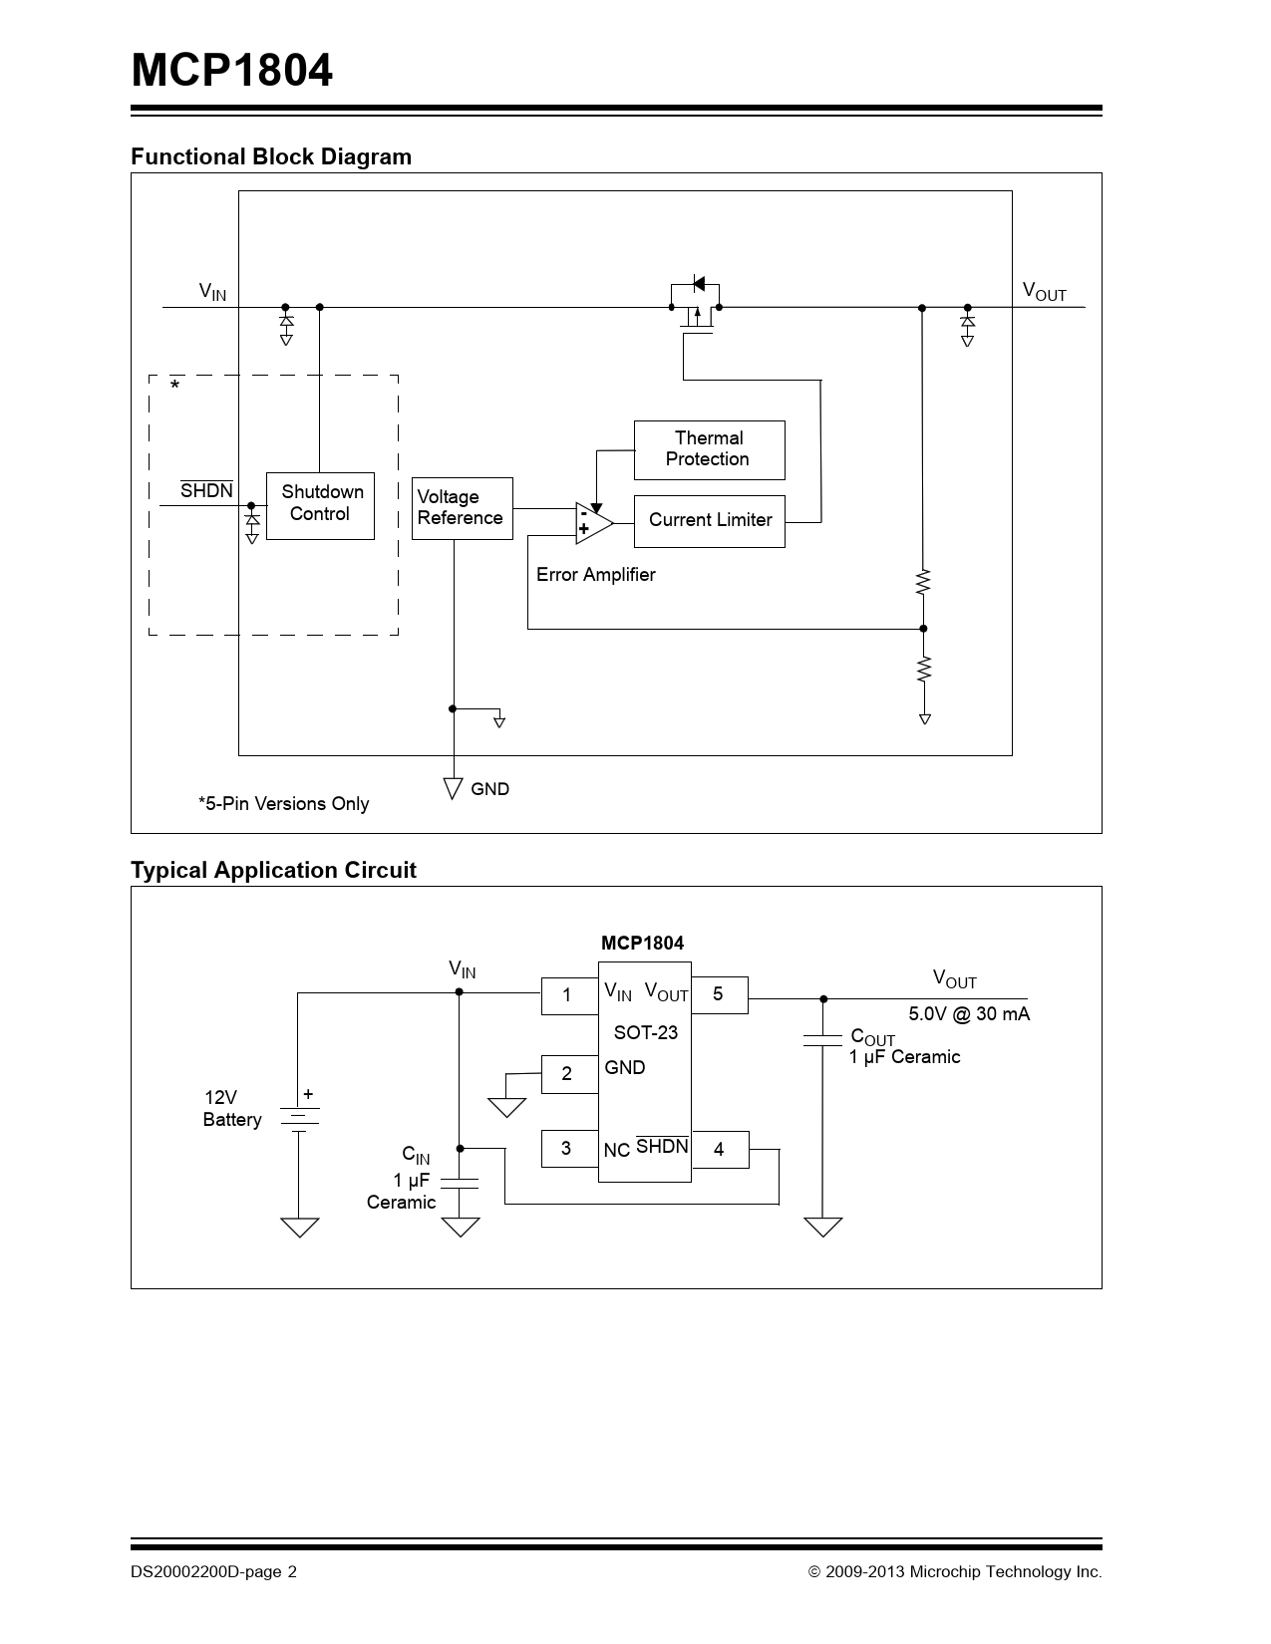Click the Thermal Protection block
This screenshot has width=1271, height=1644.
(709, 449)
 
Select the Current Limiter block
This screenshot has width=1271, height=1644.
(709, 520)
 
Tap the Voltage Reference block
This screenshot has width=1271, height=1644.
(462, 508)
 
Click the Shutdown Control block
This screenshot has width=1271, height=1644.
(320, 505)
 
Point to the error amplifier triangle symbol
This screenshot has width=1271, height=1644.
(593, 522)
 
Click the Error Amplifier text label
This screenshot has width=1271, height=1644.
(595, 575)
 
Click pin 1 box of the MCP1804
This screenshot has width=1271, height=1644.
(568, 995)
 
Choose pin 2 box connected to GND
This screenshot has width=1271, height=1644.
(568, 1073)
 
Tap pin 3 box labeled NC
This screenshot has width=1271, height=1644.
(568, 1149)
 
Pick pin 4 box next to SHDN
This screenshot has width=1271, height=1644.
(719, 1150)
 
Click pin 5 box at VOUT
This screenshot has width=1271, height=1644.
(719, 994)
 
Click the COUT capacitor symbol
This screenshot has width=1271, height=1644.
(822, 1040)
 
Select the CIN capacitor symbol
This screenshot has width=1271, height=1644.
(460, 1183)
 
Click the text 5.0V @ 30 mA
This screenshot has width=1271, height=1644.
(969, 1014)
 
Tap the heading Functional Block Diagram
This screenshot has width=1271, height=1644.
(271, 156)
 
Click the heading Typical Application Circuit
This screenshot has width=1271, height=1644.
(273, 870)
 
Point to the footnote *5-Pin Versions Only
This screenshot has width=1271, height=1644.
(283, 804)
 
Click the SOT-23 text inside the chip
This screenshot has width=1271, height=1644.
(645, 1033)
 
